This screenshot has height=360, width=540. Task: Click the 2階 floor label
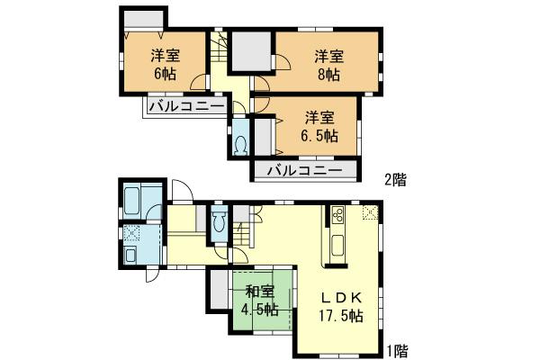pyautogui.click(x=395, y=179)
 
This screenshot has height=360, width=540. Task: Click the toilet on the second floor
pyautogui.click(x=241, y=145)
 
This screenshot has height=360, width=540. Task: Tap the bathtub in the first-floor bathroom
pyautogui.click(x=139, y=198)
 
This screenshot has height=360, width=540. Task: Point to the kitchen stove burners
pyautogui.click(x=339, y=216)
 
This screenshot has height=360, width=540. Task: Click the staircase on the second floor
pyautogui.click(x=220, y=49)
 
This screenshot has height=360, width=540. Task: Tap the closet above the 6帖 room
pyautogui.click(x=142, y=20)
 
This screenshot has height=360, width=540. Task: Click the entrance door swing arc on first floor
pyautogui.click(x=181, y=193)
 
